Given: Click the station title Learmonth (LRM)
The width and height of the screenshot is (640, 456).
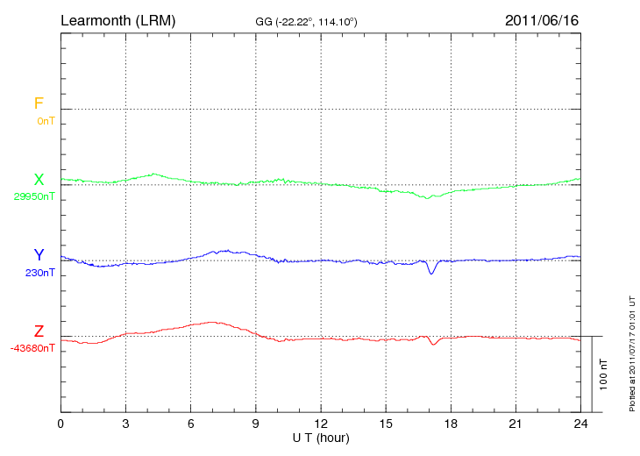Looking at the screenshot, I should pos(117,19).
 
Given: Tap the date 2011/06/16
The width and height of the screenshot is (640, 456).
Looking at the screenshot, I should pos(542,19).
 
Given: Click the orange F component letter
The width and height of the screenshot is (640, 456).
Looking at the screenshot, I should pos(39,103).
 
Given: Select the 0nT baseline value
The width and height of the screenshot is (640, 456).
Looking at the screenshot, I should pos(46,121).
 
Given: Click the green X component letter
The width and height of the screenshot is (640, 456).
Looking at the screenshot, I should pos(39,180).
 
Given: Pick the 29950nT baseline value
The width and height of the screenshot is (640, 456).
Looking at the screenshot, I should pos(34,196).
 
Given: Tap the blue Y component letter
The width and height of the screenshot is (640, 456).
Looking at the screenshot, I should pos(39,255).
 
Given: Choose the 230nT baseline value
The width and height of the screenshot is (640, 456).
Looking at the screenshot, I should pos(39,273).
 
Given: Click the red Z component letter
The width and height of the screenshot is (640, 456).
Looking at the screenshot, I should pos(39,331).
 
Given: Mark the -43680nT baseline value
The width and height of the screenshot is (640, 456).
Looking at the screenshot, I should pos(32,348).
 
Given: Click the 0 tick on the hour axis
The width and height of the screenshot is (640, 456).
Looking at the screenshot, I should pos(60,424).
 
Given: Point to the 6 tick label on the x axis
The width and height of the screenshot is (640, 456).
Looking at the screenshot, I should pos(191,424).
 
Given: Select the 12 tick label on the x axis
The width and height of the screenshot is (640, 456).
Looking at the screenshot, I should pos(321,424).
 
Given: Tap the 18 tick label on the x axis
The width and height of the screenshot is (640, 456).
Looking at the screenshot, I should pos(452,424).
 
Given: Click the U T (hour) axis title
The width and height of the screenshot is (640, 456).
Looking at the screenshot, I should pos(321,437).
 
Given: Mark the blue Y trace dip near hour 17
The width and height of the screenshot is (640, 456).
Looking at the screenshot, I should pos(430,273).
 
